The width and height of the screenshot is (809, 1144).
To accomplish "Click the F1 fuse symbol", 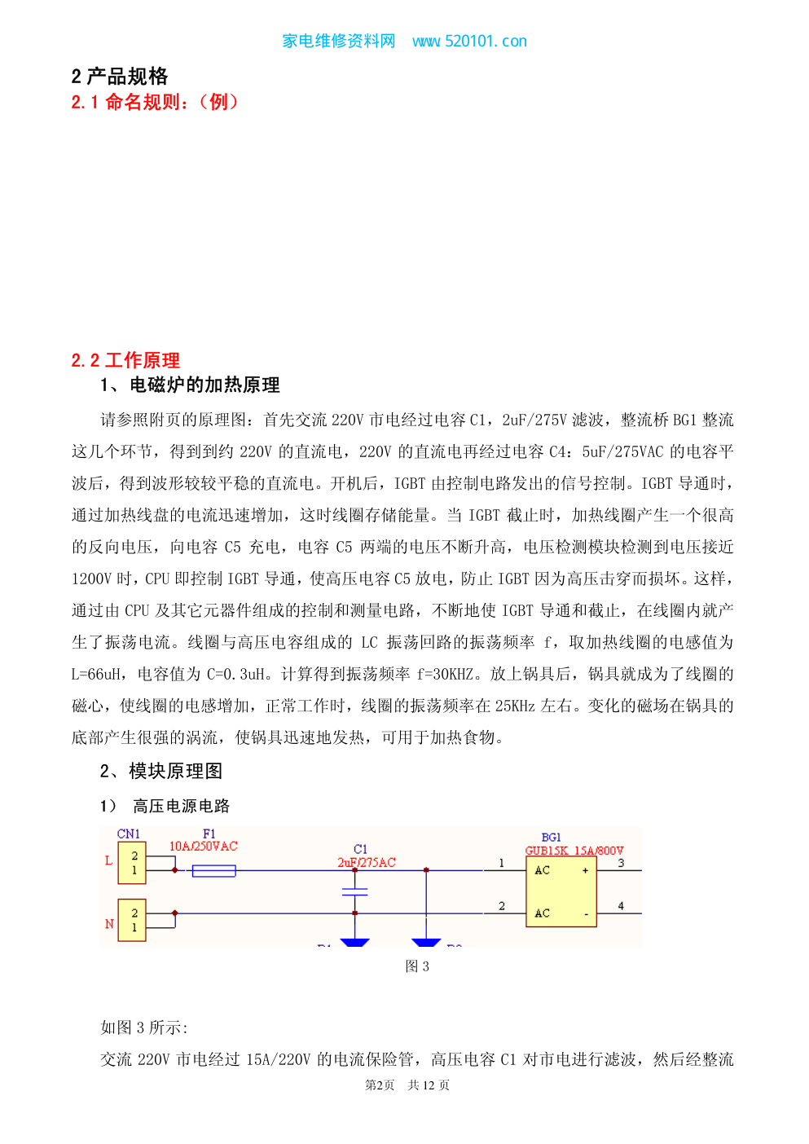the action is pos(213,871).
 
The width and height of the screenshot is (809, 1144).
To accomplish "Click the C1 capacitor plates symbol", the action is pos(355,891).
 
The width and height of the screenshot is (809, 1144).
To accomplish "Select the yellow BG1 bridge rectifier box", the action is pos(561,891).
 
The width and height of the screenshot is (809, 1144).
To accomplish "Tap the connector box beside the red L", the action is pos(132,863).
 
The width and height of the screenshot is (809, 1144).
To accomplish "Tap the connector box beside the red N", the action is pos(132,920).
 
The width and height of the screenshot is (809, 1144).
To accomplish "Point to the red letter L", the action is pos(108,861).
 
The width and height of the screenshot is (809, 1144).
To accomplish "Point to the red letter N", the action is pos(109,924).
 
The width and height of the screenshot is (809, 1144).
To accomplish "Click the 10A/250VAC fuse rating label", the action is pos(204,847).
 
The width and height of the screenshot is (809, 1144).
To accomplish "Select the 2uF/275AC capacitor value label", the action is pos(366,863).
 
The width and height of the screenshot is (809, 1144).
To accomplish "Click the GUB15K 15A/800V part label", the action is pos(574,851).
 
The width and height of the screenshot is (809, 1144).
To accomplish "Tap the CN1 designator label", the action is pos(128,834).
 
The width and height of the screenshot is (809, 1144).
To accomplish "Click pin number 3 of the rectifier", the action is pos(621,863).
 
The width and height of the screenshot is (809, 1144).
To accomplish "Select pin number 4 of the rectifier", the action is pos(621,906).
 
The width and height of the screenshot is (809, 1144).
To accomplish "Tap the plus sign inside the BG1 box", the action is pos(585,870).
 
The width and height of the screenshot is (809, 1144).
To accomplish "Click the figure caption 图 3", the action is pos(417,966).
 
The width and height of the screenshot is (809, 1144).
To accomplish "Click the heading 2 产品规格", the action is pos(120,77).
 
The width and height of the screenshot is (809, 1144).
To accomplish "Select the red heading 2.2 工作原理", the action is pos(125,360).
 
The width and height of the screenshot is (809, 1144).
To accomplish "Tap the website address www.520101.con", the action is pos(469,41).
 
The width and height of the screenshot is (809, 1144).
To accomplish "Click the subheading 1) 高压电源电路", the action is pos(165,806).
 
